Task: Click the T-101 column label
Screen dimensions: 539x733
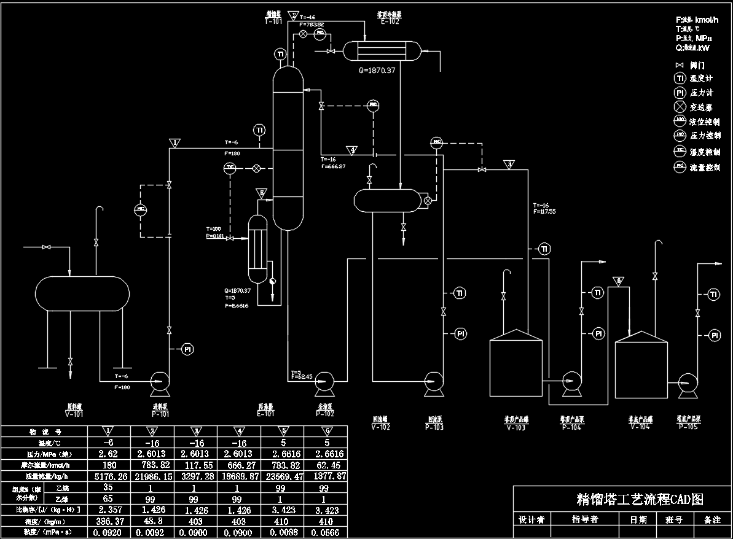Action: click(x=273, y=20)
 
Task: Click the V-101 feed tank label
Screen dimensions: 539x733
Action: click(x=74, y=414)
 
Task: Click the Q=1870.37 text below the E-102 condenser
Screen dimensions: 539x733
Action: click(x=377, y=70)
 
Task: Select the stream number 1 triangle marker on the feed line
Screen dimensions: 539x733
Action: click(x=175, y=143)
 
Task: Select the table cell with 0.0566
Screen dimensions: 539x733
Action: click(x=326, y=532)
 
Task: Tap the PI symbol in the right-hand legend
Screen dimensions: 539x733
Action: click(x=680, y=93)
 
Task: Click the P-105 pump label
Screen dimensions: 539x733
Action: click(x=689, y=427)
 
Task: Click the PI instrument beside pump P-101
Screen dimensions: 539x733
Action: click(x=188, y=349)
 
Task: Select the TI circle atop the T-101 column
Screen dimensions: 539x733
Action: click(x=280, y=54)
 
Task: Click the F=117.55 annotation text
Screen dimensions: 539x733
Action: click(x=544, y=212)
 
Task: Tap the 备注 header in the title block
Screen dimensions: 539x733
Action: click(x=712, y=519)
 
